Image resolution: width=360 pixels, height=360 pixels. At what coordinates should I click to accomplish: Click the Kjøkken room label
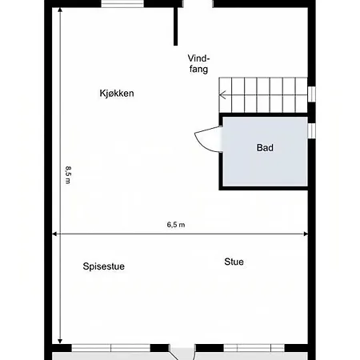coord(117,94)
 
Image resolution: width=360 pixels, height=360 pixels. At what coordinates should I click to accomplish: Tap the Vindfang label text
coord(198,64)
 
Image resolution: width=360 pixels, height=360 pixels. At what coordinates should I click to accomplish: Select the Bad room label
coord(265,148)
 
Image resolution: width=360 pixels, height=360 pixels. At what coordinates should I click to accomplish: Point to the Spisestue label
coord(103,266)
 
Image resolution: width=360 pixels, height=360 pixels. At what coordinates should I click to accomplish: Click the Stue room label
coord(234,262)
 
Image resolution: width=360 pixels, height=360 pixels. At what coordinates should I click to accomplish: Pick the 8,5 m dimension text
coord(68,175)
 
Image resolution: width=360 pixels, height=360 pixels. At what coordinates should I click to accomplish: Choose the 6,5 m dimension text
coord(176,225)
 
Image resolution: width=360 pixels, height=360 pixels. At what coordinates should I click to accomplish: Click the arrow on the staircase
coord(223,94)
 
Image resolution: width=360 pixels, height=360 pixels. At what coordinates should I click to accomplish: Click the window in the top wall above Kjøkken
coord(122,3)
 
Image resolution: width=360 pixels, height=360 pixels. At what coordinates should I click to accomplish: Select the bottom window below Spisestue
coord(111,348)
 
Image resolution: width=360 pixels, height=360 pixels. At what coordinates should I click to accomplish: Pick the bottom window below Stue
coord(254,348)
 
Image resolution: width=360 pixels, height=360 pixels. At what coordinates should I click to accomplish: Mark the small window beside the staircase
coord(312,94)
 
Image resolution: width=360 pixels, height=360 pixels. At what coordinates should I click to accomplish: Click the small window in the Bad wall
coord(312,130)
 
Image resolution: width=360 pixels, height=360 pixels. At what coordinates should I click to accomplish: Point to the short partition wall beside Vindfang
coord(175,26)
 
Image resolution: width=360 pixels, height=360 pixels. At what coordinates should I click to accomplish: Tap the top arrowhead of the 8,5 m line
coord(60,10)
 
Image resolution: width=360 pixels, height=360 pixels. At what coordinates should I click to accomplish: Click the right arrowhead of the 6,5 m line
coord(306,234)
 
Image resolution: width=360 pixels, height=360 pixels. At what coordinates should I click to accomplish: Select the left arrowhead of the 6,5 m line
coord(54,234)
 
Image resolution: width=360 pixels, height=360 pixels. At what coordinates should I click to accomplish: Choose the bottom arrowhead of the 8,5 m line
coord(60,342)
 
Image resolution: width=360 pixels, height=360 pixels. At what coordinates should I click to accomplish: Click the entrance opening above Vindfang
coord(198,3)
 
